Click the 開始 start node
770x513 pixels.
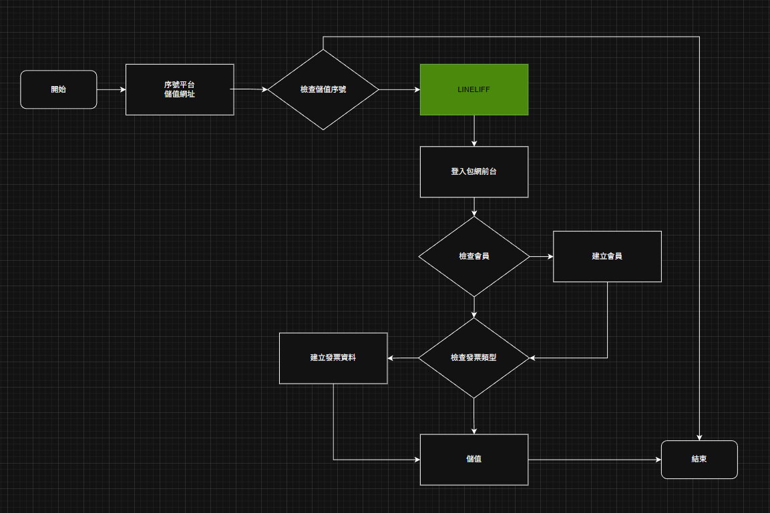(59, 89)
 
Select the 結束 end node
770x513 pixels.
(699, 459)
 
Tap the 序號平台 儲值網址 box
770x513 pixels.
(180, 89)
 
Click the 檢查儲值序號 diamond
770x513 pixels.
(323, 89)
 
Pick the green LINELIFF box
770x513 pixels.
(474, 89)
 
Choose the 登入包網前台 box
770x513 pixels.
(474, 171)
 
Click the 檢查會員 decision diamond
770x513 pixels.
(474, 256)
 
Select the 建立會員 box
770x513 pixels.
(607, 256)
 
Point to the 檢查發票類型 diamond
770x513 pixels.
(474, 358)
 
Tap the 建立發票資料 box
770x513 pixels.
(333, 358)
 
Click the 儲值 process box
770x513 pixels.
(474, 459)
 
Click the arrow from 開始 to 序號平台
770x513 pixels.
(112, 89)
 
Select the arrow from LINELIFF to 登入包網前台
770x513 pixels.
(474, 131)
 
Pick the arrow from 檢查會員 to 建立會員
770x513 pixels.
(542, 256)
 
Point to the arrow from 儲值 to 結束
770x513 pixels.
(594, 460)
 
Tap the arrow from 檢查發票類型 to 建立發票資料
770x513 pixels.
(403, 358)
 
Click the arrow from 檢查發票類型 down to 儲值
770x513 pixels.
(474, 416)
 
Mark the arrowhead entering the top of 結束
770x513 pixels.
(699, 437)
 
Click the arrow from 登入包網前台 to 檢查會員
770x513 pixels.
(474, 207)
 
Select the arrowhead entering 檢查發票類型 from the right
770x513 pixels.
(533, 358)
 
